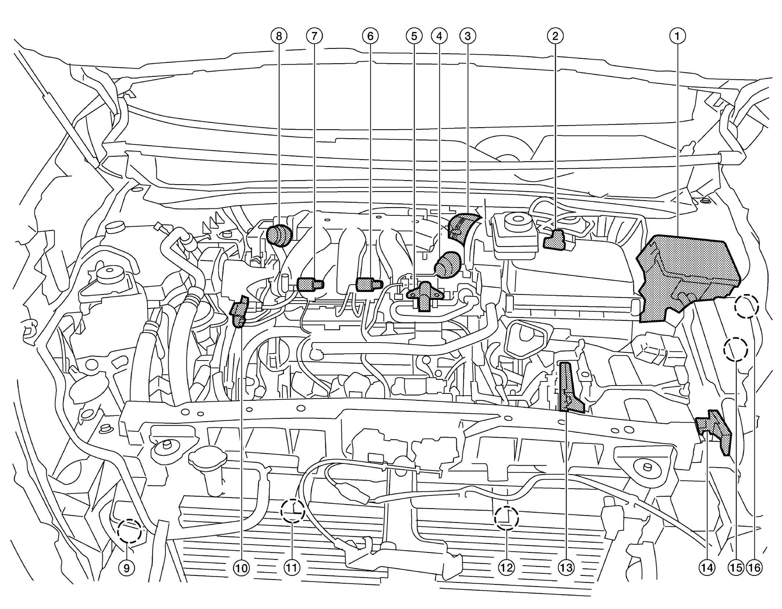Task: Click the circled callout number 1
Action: [x=677, y=36]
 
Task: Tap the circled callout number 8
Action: [x=279, y=36]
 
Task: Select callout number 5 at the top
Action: [x=414, y=36]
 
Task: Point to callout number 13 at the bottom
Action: [x=566, y=568]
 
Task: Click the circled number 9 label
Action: [x=127, y=568]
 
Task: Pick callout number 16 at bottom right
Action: [x=754, y=568]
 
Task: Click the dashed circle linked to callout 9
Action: [x=129, y=531]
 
